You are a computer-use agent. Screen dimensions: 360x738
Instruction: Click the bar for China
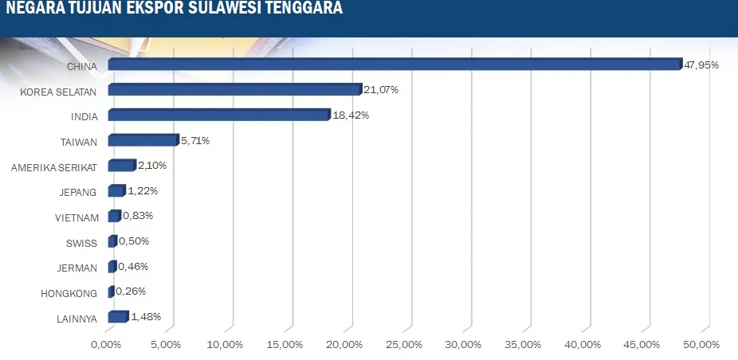[395, 65]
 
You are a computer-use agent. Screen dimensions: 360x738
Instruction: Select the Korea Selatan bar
[234, 90]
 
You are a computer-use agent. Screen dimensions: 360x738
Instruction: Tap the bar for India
[218, 115]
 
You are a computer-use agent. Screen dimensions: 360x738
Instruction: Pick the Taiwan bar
[143, 141]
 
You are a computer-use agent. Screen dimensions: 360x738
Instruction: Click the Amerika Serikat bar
[121, 166]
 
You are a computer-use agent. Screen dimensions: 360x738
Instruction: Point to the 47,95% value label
[701, 65]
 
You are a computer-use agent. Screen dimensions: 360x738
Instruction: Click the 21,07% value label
[381, 90]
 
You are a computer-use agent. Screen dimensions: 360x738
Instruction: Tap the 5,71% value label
[194, 141]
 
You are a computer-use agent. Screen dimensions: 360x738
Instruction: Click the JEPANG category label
[79, 192]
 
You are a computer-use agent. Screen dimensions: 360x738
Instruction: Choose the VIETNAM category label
[77, 217]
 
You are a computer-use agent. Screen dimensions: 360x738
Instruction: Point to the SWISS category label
[82, 242]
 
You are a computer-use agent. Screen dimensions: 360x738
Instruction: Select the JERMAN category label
[78, 268]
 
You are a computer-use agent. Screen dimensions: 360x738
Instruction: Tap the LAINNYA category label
[77, 319]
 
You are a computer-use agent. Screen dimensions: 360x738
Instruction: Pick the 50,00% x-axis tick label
[701, 345]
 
